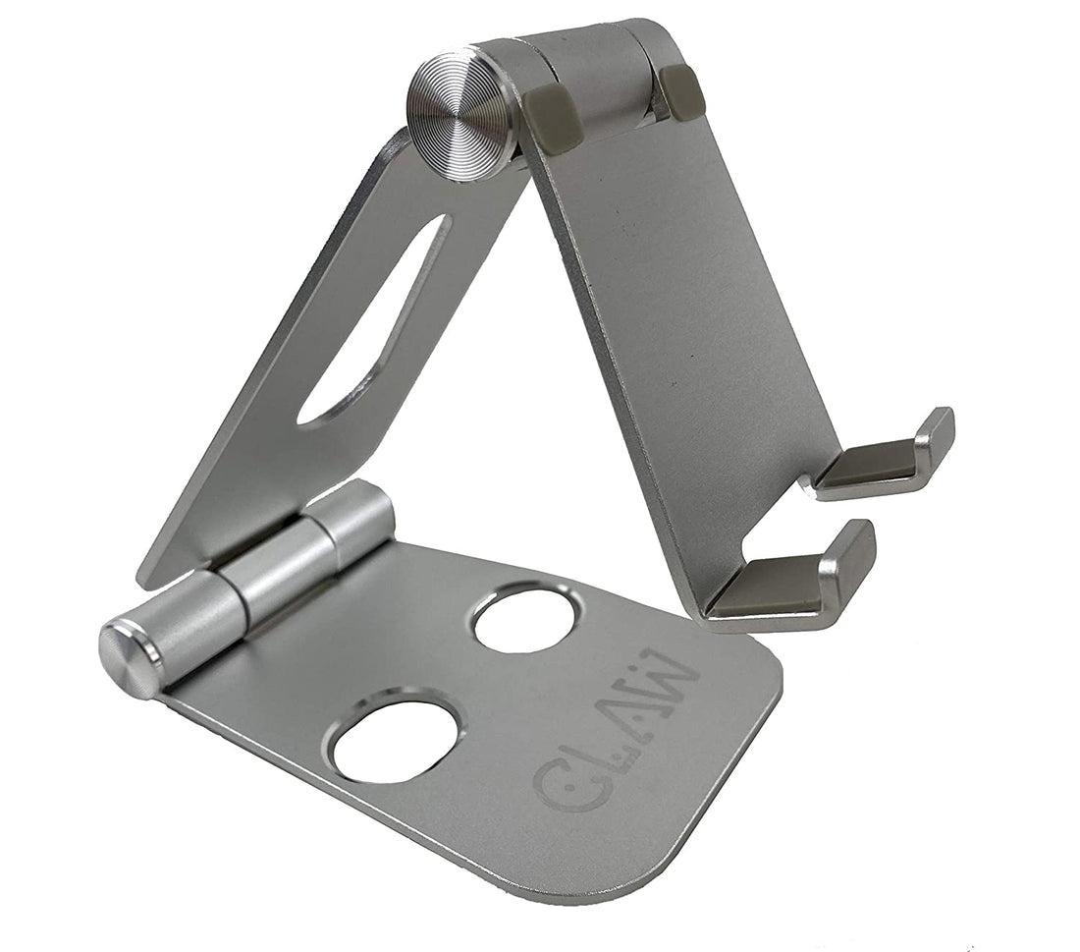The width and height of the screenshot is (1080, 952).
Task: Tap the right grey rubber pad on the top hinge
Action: [682, 92]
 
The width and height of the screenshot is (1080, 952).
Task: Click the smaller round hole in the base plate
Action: [523, 619]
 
